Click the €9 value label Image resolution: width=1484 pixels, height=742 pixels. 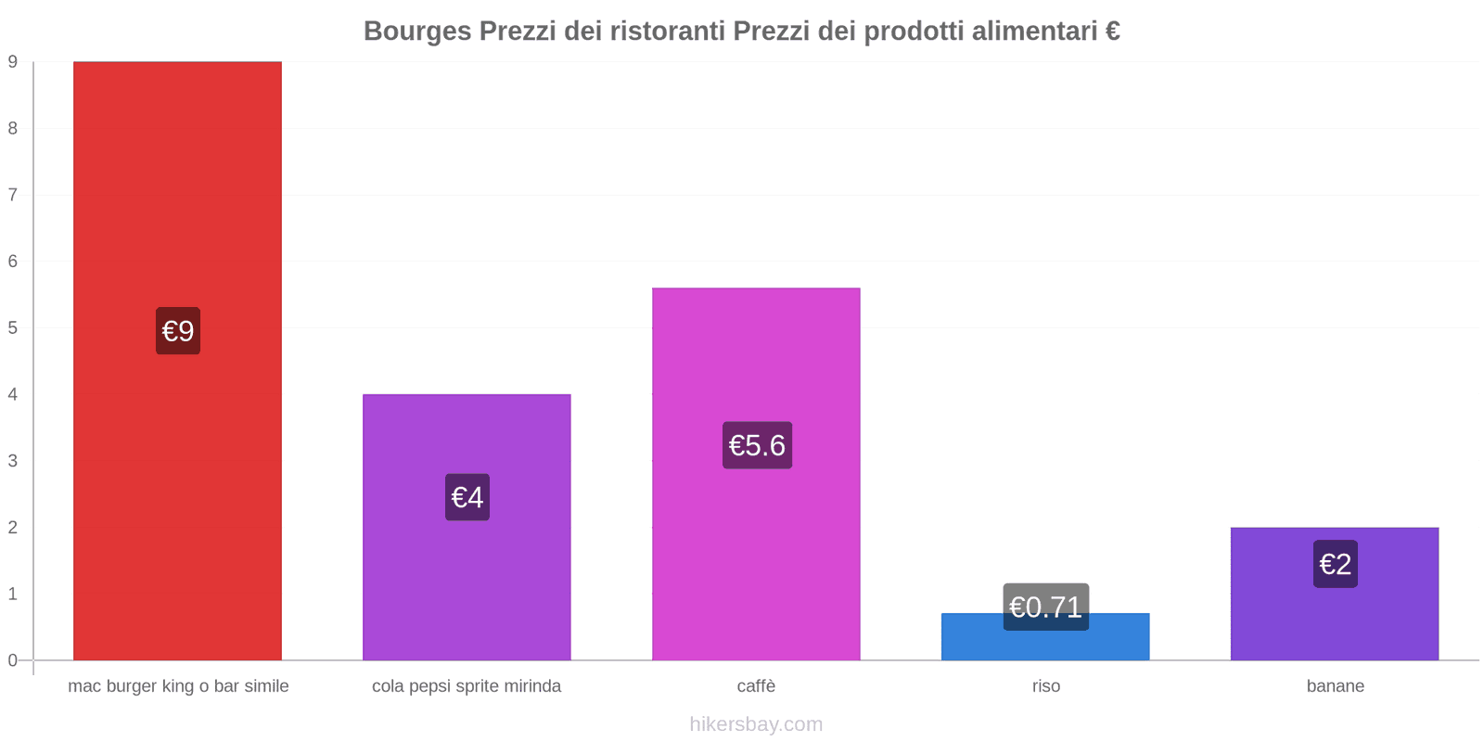pos(178,331)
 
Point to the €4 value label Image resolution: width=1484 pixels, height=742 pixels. pos(467,497)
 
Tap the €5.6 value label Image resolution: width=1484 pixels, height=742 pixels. pos(757,445)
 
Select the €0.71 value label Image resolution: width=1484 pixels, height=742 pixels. pos(1045,607)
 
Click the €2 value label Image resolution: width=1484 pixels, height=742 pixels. pos(1335,564)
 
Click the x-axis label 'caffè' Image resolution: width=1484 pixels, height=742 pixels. pos(756,686)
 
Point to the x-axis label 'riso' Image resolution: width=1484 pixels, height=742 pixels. pos(1045,686)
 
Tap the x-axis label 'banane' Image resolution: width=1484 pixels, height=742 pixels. pos(1335,686)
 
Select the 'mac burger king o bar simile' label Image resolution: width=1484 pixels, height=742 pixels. pos(178,686)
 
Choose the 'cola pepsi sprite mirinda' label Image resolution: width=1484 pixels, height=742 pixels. pos(467,686)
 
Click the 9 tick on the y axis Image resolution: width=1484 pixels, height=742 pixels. pos(13,62)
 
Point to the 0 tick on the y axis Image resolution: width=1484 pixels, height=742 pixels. pos(13,660)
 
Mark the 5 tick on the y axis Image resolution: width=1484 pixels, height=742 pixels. pos(13,328)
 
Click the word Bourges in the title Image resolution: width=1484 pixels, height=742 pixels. pos(416,32)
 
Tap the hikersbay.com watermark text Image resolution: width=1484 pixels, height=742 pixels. pos(756,724)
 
